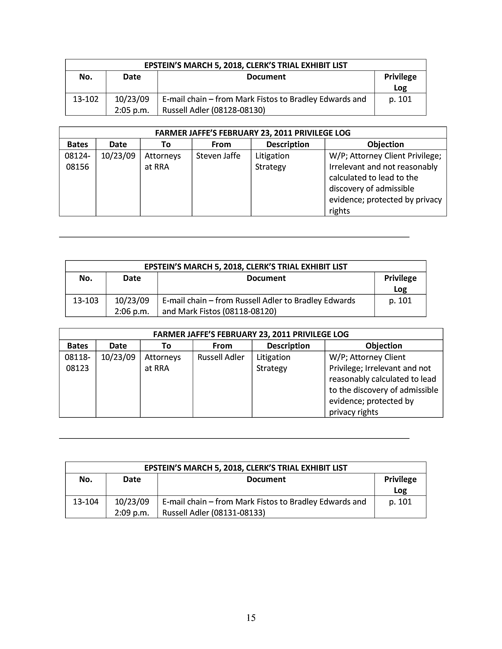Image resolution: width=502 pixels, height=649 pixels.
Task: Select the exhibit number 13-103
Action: (x=86, y=301)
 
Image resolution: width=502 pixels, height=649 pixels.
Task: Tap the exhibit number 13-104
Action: (x=86, y=502)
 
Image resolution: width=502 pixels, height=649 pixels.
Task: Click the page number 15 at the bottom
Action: (x=251, y=618)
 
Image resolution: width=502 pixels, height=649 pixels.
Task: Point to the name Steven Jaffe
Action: (x=218, y=156)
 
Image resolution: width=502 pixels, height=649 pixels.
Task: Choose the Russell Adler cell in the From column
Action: (x=221, y=357)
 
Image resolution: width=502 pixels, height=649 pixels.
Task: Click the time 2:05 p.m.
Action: (x=132, y=110)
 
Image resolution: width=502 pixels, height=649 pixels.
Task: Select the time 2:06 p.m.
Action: (x=132, y=312)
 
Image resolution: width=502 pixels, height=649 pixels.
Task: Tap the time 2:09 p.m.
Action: (x=132, y=513)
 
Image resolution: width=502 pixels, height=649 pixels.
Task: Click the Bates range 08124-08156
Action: (x=77, y=161)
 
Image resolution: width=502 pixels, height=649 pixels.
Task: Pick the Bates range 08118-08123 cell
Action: (x=77, y=362)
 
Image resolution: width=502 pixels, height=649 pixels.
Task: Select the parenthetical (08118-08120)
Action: (x=249, y=312)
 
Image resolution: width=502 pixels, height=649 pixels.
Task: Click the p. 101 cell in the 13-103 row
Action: (x=400, y=301)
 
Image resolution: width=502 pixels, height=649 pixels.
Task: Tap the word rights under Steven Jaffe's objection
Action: (x=339, y=211)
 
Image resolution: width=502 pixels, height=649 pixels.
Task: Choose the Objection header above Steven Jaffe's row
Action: (x=385, y=144)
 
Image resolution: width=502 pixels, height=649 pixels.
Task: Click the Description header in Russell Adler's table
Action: (x=288, y=346)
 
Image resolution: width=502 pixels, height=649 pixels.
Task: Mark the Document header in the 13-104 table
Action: (x=266, y=479)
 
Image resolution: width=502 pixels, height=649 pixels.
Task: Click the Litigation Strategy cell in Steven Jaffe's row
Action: (x=272, y=161)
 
